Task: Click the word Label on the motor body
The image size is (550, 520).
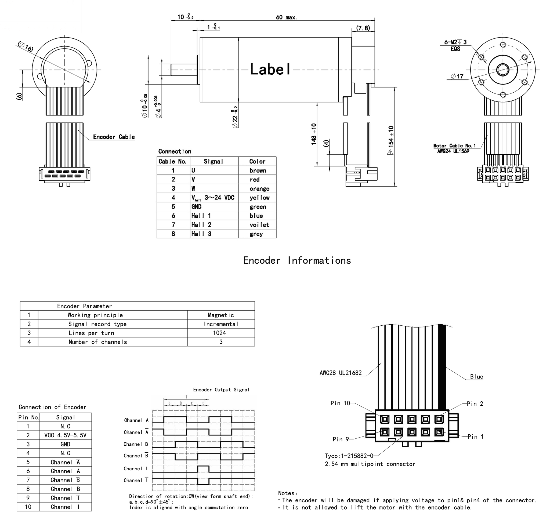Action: (x=270, y=69)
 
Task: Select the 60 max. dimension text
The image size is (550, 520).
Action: (x=286, y=17)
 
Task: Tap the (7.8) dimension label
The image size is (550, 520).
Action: (x=363, y=28)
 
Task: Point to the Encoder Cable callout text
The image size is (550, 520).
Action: (x=114, y=137)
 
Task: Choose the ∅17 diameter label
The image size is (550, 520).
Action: (x=457, y=76)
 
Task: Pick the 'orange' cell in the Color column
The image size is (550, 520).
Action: (x=259, y=189)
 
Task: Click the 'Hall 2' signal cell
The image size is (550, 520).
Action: (x=201, y=225)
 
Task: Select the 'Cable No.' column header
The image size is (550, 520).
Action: (x=172, y=162)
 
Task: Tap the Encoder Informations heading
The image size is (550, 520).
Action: (x=297, y=261)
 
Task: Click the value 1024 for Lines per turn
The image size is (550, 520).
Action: (x=219, y=333)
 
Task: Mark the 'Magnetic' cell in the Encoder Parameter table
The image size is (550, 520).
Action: (x=221, y=315)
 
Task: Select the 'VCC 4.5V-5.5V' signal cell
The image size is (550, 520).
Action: (x=65, y=435)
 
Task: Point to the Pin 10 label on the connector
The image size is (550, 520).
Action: (x=340, y=403)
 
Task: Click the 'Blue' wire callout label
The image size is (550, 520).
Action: (x=476, y=377)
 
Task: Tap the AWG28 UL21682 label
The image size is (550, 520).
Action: (x=341, y=373)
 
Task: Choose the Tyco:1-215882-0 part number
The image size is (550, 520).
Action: (x=349, y=456)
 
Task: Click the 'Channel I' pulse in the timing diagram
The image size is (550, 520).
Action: (x=203, y=469)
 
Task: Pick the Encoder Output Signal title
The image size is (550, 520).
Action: (x=221, y=390)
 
